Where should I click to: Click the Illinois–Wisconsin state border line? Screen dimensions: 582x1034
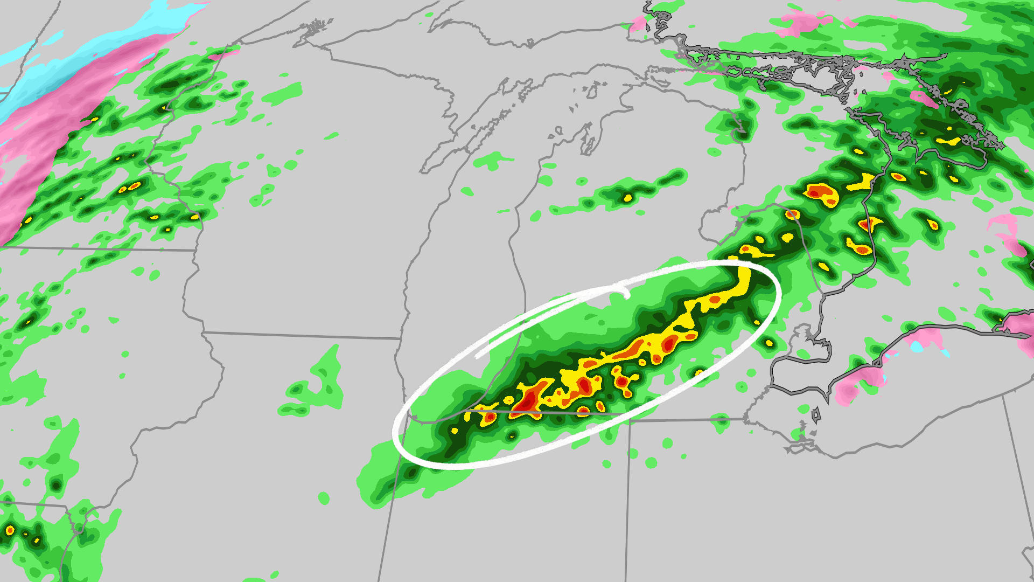point(302,336)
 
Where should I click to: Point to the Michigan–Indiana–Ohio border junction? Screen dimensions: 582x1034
point(630,421)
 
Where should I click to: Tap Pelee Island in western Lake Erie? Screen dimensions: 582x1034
point(816,415)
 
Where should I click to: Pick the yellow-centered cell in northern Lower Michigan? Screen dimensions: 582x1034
point(627,198)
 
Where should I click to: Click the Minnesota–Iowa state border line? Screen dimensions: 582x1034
point(97,249)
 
